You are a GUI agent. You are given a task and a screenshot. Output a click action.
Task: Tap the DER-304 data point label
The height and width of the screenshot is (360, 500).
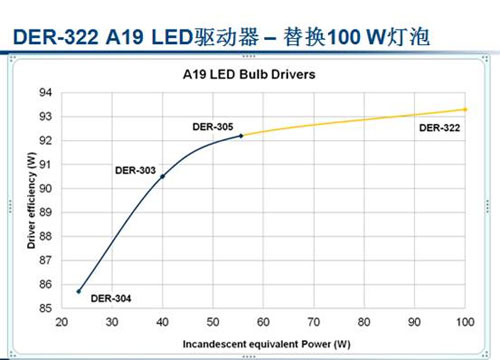point(110,297)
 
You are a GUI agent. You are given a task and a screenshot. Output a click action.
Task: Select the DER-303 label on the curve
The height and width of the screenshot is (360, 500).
point(135,170)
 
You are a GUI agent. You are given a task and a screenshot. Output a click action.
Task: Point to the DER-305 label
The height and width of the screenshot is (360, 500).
point(212,126)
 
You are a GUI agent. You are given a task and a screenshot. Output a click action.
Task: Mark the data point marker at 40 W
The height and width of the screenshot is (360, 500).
point(163,176)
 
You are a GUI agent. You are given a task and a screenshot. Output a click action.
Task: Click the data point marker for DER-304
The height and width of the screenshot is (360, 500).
point(79,291)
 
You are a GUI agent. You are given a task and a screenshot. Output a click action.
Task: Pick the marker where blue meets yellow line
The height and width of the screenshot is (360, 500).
point(241,135)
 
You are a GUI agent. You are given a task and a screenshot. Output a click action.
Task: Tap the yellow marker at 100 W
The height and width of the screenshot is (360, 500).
point(465,109)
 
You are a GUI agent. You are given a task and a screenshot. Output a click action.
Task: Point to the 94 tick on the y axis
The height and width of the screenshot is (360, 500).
point(46,93)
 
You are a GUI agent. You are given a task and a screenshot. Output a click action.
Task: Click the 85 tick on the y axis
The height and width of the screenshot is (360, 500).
point(46,309)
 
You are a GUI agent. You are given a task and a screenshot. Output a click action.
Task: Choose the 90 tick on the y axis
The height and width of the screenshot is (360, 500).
point(46,189)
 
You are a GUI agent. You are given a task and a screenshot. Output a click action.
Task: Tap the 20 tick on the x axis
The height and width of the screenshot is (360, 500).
point(62,322)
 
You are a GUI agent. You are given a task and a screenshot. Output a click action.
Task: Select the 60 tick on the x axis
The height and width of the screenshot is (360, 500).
point(263,322)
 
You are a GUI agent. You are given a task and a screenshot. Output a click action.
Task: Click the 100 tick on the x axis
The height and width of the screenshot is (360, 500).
point(465,322)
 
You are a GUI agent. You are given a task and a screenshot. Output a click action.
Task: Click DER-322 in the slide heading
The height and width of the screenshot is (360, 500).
point(52,38)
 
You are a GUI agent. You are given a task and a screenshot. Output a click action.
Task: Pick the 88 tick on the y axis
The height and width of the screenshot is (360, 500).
point(46,237)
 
